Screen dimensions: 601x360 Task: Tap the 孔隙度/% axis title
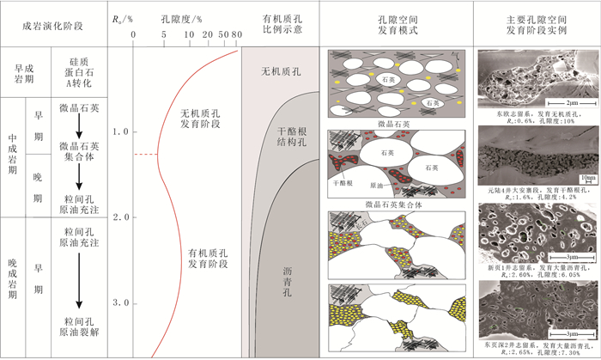185,15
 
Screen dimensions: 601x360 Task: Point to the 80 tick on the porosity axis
235,34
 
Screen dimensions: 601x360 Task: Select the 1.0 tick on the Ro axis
119,132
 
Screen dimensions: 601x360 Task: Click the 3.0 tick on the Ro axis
119,303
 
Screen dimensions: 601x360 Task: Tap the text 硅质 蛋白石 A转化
78,70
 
